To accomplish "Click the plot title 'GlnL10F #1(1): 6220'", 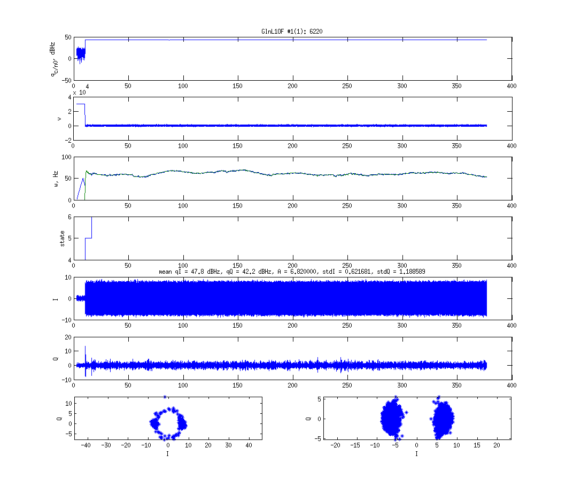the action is [x=292, y=32].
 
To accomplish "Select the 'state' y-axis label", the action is [x=62, y=238].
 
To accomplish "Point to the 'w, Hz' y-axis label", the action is [x=56, y=179].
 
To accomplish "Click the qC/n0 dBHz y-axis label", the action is [x=53, y=59].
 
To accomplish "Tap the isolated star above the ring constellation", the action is [x=165, y=397].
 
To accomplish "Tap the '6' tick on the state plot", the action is [x=69, y=217].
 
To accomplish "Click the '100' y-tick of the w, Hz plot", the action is [x=67, y=157].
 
